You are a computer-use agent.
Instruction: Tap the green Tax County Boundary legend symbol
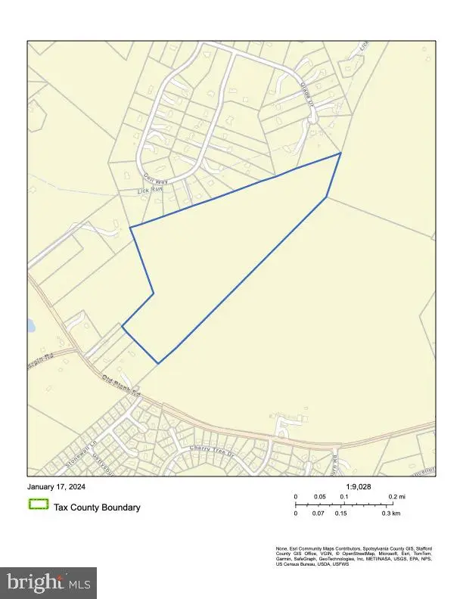(x=38, y=507)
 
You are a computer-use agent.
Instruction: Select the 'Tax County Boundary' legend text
(x=96, y=507)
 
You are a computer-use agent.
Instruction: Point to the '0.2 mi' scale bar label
(x=396, y=497)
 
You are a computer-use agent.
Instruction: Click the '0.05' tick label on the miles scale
(x=319, y=497)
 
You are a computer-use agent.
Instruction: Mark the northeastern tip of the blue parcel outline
(x=340, y=154)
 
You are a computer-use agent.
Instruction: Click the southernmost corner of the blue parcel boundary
(x=158, y=364)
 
